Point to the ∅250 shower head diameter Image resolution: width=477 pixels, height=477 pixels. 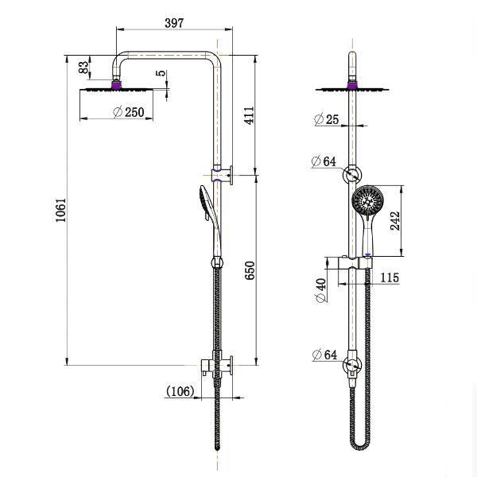[129, 112]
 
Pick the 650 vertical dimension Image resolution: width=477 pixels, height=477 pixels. [250, 271]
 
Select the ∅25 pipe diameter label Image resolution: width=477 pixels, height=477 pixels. [326, 119]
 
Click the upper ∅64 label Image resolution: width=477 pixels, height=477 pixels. [324, 161]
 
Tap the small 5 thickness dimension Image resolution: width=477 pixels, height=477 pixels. [162, 74]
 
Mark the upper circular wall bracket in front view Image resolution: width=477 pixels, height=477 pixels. [351, 176]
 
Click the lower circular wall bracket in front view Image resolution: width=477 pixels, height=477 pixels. [351, 366]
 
